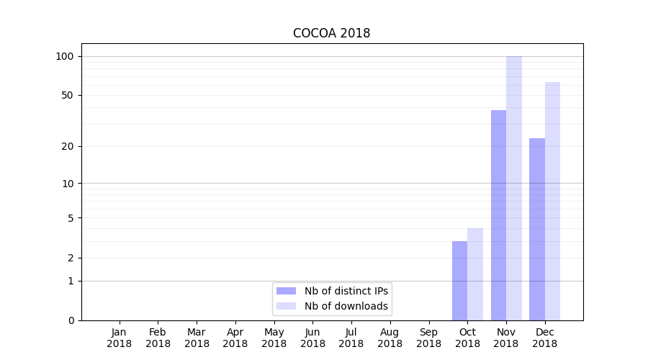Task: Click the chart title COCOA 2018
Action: tap(331, 33)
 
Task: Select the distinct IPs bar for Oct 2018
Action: tap(459, 281)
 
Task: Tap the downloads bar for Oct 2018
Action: tap(475, 274)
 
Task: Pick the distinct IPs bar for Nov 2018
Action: tap(498, 215)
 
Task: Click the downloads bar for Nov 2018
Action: tap(514, 188)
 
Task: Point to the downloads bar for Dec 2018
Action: tap(553, 201)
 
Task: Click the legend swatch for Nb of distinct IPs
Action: tap(286, 291)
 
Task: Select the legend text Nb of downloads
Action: tap(346, 306)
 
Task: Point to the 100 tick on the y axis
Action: tap(64, 56)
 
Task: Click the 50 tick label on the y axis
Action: tap(67, 95)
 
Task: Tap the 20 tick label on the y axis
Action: tap(67, 146)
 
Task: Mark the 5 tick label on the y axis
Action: tap(70, 217)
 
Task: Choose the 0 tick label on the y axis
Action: tap(70, 320)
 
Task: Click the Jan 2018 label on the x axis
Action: tap(120, 338)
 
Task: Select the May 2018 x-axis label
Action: tap(274, 338)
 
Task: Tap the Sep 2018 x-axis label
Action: tap(428, 338)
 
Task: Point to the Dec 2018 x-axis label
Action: tap(545, 338)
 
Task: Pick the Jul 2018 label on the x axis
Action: tap(351, 338)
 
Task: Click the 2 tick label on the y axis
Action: tap(70, 258)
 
